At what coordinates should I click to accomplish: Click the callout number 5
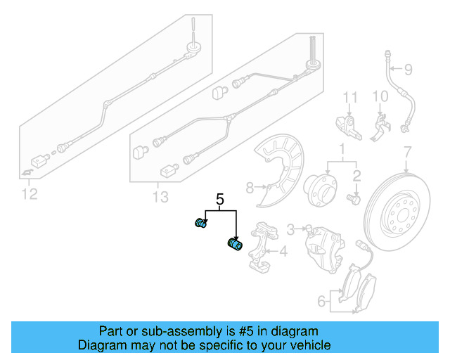pos(220,200)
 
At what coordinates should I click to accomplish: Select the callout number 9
pos(407,69)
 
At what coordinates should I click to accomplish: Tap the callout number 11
pos(350,96)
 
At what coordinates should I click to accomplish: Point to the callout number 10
pos(380,96)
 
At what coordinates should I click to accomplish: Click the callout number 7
pos(406,152)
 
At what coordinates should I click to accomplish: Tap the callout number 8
pos(249,187)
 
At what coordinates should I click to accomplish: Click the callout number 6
pos(321,302)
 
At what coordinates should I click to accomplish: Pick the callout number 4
pos(282,251)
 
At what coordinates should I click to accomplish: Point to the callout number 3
pos(290,229)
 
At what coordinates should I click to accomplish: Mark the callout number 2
pos(356,176)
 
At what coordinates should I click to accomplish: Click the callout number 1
pos(342,150)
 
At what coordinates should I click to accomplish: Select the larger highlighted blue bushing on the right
pos(234,245)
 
